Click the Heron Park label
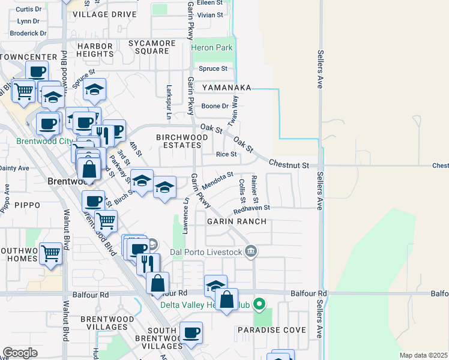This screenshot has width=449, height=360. coord(211,47)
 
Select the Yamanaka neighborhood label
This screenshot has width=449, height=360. coord(226,88)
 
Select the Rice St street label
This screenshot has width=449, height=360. coord(226,154)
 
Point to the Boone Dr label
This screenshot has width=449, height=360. coord(215,106)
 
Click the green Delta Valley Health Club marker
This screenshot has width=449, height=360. coord(259,304)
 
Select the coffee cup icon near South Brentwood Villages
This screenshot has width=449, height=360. coord(191,332)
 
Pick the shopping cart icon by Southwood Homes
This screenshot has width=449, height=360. coord(50,253)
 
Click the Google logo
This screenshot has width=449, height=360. coord(20,352)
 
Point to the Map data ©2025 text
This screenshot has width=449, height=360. coord(423,355)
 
